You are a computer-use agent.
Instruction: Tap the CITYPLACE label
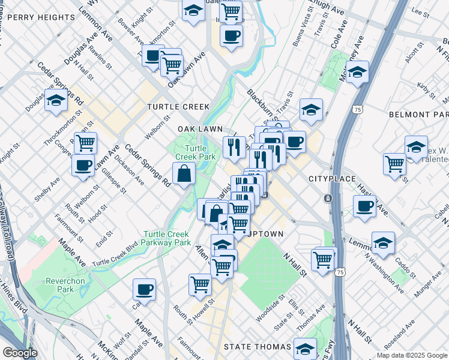click(x=332, y=179)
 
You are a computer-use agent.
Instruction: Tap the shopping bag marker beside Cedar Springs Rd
click(x=184, y=174)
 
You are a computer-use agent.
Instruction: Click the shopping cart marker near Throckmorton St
click(x=85, y=143)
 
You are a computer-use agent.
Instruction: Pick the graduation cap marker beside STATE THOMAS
click(x=305, y=349)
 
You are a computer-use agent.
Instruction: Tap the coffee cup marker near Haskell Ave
click(x=364, y=207)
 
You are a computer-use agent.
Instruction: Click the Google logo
click(x=20, y=353)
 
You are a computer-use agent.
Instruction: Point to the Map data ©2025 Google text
click(x=412, y=355)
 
